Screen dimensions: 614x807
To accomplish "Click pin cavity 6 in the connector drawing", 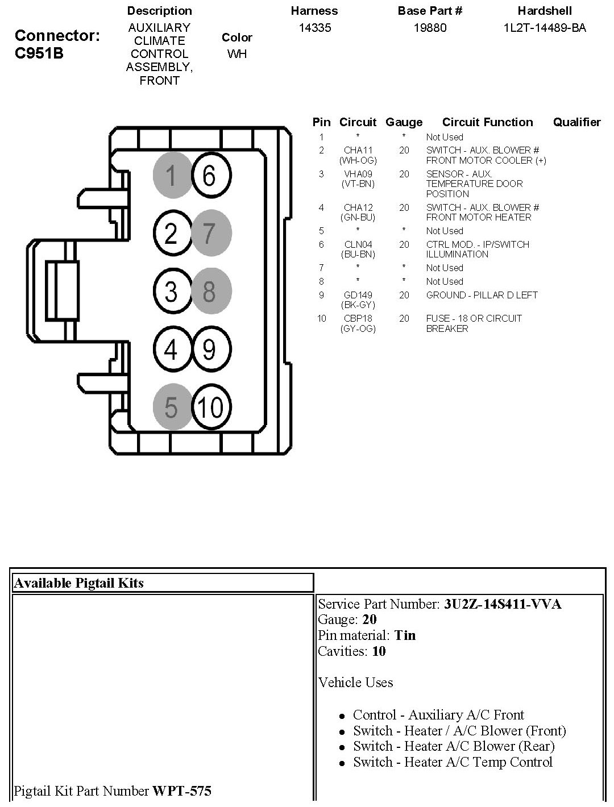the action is (211, 175).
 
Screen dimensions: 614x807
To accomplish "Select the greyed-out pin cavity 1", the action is (172, 175).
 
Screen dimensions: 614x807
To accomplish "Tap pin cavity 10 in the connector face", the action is (211, 406).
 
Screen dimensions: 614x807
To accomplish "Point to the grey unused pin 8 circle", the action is (211, 291).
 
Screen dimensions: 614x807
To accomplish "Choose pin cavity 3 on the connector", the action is (172, 291).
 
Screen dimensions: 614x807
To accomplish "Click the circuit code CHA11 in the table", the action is (358, 150).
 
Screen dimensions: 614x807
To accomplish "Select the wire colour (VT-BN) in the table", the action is (358, 184).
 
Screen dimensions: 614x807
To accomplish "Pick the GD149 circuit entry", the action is (358, 295).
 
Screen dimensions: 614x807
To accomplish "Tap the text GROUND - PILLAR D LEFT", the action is (482, 295).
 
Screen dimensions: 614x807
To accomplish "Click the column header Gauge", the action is (404, 122).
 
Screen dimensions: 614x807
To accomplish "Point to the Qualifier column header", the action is (577, 122).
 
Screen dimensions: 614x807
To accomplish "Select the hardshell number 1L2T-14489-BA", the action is (545, 28).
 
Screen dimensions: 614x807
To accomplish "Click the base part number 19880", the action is (430, 28).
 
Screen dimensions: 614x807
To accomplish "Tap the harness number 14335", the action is (315, 28).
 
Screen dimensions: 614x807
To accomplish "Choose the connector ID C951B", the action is (39, 53).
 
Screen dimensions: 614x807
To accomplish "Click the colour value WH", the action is (237, 53).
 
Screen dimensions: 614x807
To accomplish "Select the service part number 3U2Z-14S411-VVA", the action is (503, 604).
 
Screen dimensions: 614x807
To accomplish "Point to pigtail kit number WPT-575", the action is (182, 791).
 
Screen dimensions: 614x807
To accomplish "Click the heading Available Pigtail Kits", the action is (78, 583).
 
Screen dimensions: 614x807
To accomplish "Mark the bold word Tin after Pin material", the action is (405, 635).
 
